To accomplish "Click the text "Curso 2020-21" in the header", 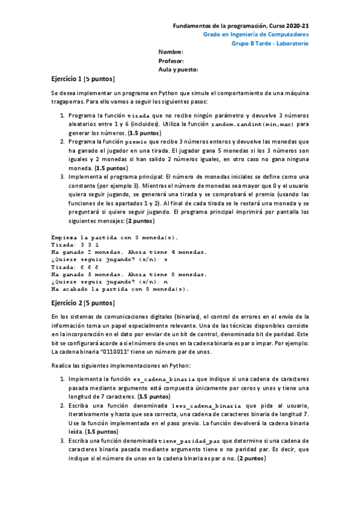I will pos(290,26).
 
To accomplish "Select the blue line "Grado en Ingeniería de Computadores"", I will pos(257,35).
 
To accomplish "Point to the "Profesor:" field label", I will pos(171,61).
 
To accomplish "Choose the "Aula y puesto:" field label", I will pos(178,70).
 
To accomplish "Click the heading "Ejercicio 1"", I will pos(67,79).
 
